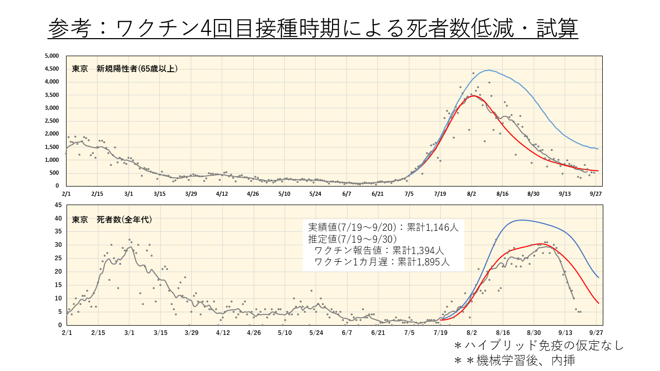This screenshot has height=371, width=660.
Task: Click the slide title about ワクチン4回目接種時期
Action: [313, 28]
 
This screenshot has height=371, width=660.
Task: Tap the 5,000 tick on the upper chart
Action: [53, 56]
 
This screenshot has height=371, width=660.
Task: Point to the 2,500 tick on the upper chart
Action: [53, 121]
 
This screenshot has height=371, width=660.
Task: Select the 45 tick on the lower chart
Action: [58, 205]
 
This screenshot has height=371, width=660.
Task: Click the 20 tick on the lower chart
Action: [58, 272]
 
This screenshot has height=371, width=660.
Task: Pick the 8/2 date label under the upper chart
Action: [471, 194]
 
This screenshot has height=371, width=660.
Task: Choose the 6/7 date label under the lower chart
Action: [346, 333]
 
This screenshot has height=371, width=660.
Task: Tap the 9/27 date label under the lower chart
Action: [597, 333]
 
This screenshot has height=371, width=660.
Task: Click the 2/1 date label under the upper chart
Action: [67, 194]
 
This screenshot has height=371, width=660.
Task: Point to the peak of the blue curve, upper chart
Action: [488, 70]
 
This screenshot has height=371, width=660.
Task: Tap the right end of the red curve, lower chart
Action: [599, 303]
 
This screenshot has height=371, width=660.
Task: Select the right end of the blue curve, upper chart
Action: [598, 149]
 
